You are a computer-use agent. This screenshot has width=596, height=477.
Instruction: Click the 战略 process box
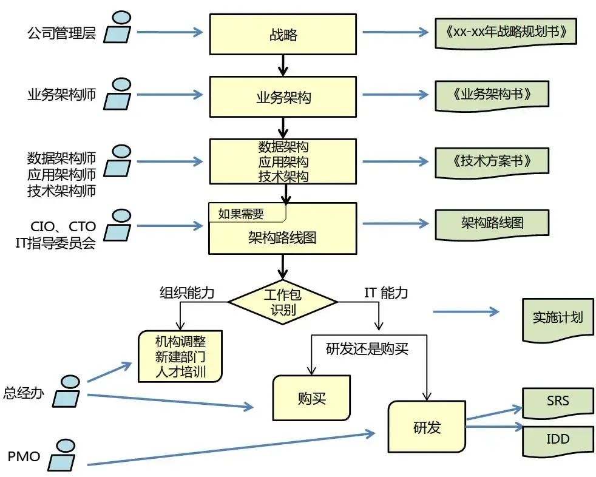pyautogui.click(x=282, y=34)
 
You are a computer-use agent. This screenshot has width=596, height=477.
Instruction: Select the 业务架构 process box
pyautogui.click(x=282, y=96)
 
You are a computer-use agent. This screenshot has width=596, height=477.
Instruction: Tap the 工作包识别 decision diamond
pyautogui.click(x=282, y=301)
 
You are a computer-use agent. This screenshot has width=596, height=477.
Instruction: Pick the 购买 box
pyautogui.click(x=311, y=398)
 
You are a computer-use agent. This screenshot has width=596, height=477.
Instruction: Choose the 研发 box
pyautogui.click(x=427, y=427)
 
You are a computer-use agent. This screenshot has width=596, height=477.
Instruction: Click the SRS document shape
pyautogui.click(x=558, y=402)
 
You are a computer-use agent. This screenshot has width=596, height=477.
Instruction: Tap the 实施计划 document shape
pyautogui.click(x=557, y=317)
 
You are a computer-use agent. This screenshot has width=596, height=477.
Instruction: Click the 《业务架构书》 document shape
pyautogui.click(x=492, y=95)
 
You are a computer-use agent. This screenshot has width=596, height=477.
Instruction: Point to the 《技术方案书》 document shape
pyautogui.click(x=492, y=161)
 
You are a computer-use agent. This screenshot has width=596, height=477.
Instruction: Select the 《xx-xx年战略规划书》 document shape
pyautogui.click(x=505, y=32)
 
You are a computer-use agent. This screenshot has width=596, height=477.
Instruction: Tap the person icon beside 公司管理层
pyautogui.click(x=118, y=27)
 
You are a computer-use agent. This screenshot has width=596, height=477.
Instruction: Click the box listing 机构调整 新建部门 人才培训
pyautogui.click(x=180, y=356)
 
